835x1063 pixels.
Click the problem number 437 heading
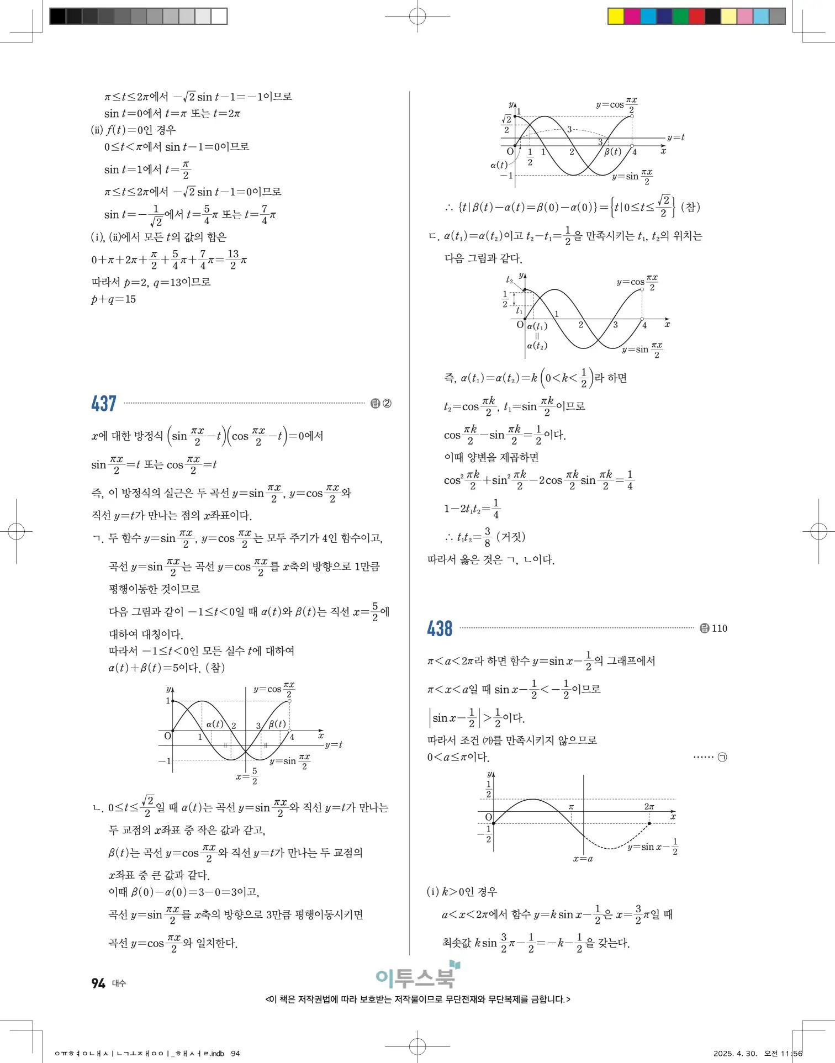point(104,404)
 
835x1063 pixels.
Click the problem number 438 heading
point(440,628)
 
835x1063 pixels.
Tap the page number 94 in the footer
point(98,983)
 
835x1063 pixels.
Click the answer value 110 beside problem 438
point(719,628)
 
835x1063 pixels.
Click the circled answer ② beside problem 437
point(387,404)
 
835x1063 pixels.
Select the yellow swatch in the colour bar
point(615,16)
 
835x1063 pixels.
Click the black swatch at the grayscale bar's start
point(57,16)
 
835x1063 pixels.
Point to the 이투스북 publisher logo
point(417,976)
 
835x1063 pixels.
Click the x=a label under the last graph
point(583,859)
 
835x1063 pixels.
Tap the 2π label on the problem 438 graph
point(649,807)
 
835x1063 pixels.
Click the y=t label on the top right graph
point(675,137)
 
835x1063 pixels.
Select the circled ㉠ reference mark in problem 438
point(722,757)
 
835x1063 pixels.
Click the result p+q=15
point(113,299)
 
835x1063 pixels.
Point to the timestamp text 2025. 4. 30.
point(735,1054)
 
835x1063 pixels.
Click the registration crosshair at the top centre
point(417,16)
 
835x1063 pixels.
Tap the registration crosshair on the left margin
point(16,532)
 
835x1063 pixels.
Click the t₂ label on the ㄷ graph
point(510,280)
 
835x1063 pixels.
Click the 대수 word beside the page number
point(119,983)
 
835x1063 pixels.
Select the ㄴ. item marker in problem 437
point(98,808)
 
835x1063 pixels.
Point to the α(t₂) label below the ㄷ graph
point(537,346)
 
